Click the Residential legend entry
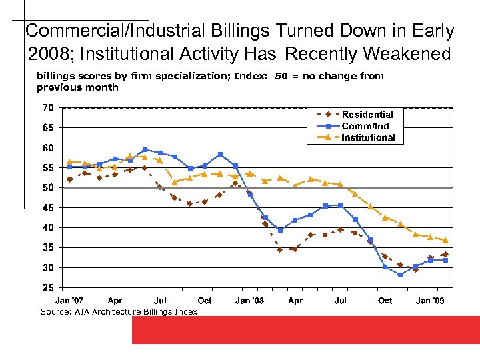tap(367, 115)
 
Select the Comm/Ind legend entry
tap(365, 126)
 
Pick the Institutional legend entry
tap(368, 137)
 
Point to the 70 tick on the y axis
tap(48, 107)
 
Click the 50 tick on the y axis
tap(48, 188)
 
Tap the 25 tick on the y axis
tap(48, 288)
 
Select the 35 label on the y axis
tap(48, 248)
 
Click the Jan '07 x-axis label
tap(70, 301)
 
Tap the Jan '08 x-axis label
tap(249, 301)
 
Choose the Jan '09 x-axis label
tap(430, 301)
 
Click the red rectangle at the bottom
tap(305, 330)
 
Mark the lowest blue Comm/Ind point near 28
tap(401, 275)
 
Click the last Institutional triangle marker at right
tap(445, 240)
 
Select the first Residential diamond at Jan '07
tap(70, 179)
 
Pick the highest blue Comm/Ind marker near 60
tap(145, 150)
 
